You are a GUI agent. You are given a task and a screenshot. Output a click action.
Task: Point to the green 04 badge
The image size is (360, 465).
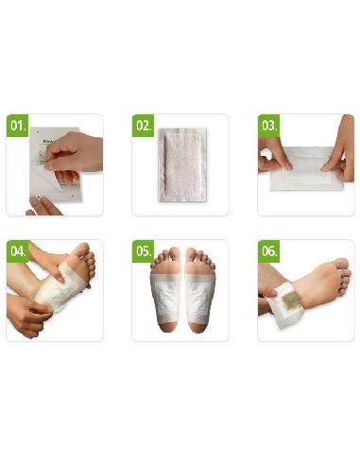tap(18, 252)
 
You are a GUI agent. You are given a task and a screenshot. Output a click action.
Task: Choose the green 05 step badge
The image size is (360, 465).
tap(143, 252)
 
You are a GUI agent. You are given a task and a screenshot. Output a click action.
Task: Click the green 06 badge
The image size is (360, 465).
tap(268, 252)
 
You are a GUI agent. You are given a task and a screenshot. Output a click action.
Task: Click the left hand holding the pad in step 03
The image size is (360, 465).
tap(272, 156)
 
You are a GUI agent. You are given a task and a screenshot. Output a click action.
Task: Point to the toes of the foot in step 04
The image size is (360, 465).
tap(83, 256)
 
